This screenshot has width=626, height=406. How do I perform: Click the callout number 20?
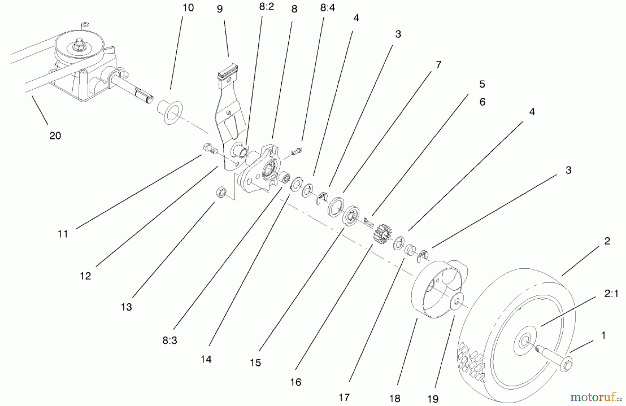55,136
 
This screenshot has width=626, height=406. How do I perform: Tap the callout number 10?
188,8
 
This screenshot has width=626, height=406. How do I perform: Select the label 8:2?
266,7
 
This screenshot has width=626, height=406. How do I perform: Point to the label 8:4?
327,8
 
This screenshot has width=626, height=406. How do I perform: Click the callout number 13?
126,307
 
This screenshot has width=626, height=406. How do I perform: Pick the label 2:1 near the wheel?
611,294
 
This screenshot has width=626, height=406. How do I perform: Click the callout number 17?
344,397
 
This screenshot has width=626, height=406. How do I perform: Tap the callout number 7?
438,65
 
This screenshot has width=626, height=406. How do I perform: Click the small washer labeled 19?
456,300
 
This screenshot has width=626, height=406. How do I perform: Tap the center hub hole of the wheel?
524,342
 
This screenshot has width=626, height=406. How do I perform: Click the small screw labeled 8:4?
297,152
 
